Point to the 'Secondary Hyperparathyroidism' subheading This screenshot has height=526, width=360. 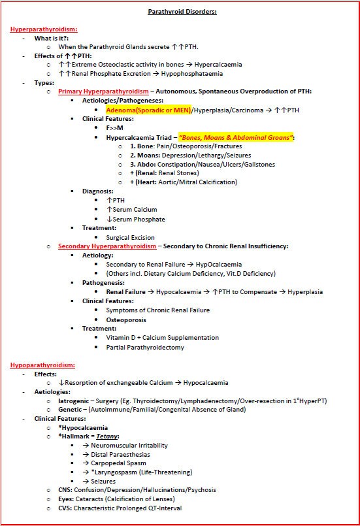point(107,246)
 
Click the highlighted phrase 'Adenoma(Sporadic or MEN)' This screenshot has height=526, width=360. point(148,110)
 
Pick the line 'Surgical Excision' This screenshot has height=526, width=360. point(125,237)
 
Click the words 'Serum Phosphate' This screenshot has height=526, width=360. point(133,219)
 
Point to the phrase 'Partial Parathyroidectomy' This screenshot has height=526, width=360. point(145,347)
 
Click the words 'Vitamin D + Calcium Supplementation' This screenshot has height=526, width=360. point(163,337)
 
